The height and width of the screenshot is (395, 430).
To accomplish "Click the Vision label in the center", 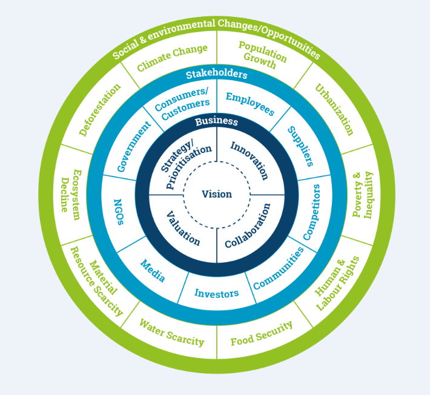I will [x=217, y=194].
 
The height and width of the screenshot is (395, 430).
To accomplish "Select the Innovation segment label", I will [x=249, y=160].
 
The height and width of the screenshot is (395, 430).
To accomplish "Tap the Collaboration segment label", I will [x=248, y=226].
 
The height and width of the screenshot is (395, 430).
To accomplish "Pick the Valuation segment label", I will [x=183, y=228].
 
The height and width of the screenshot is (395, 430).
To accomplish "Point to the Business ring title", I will [x=216, y=121].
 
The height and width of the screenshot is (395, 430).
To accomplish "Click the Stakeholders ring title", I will [x=216, y=75].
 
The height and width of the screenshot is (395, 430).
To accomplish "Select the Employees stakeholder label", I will [x=250, y=104].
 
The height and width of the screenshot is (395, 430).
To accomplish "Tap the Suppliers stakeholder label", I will [x=300, y=146].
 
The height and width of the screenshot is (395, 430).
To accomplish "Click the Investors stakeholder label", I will [x=216, y=294].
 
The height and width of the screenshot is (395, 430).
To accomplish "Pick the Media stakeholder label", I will [x=153, y=271].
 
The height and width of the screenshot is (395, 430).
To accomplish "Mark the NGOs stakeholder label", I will [x=119, y=211].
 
